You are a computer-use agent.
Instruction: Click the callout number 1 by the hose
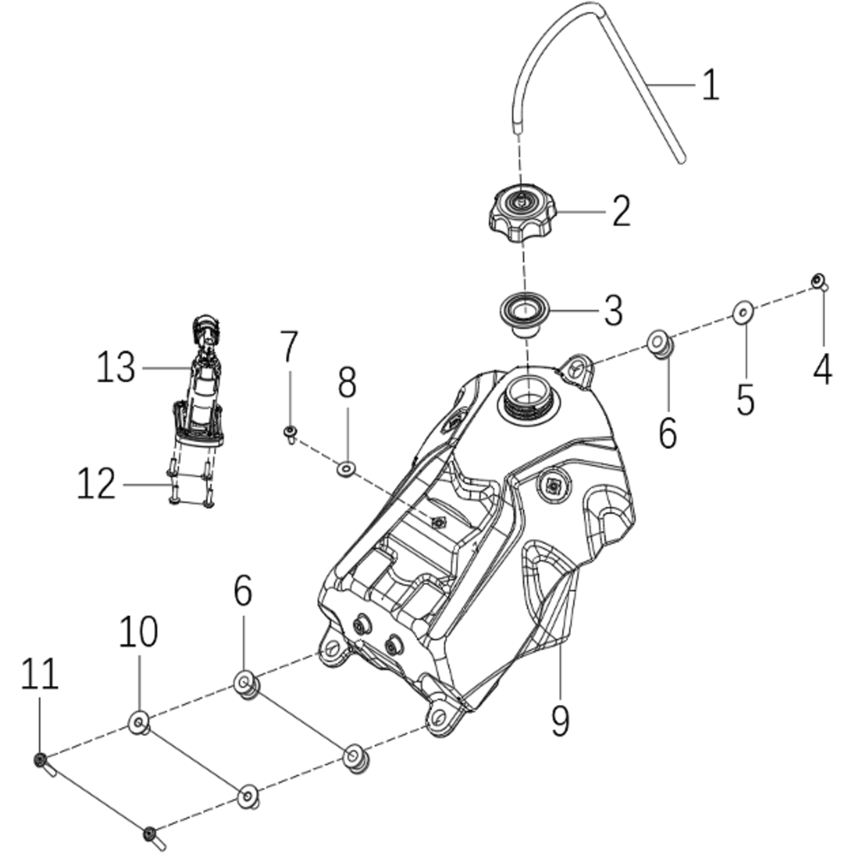point(711,85)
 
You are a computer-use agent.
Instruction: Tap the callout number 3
point(613,311)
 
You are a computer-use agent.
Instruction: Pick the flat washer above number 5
point(743,313)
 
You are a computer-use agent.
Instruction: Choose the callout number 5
point(745,399)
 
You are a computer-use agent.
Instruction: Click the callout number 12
point(96,484)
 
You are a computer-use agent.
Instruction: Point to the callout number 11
point(39,674)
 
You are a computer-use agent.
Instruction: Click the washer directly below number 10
point(139,721)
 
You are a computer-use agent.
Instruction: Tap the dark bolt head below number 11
point(40,759)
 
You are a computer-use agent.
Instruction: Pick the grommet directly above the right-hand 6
point(658,343)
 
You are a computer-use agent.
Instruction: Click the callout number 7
point(289,347)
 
